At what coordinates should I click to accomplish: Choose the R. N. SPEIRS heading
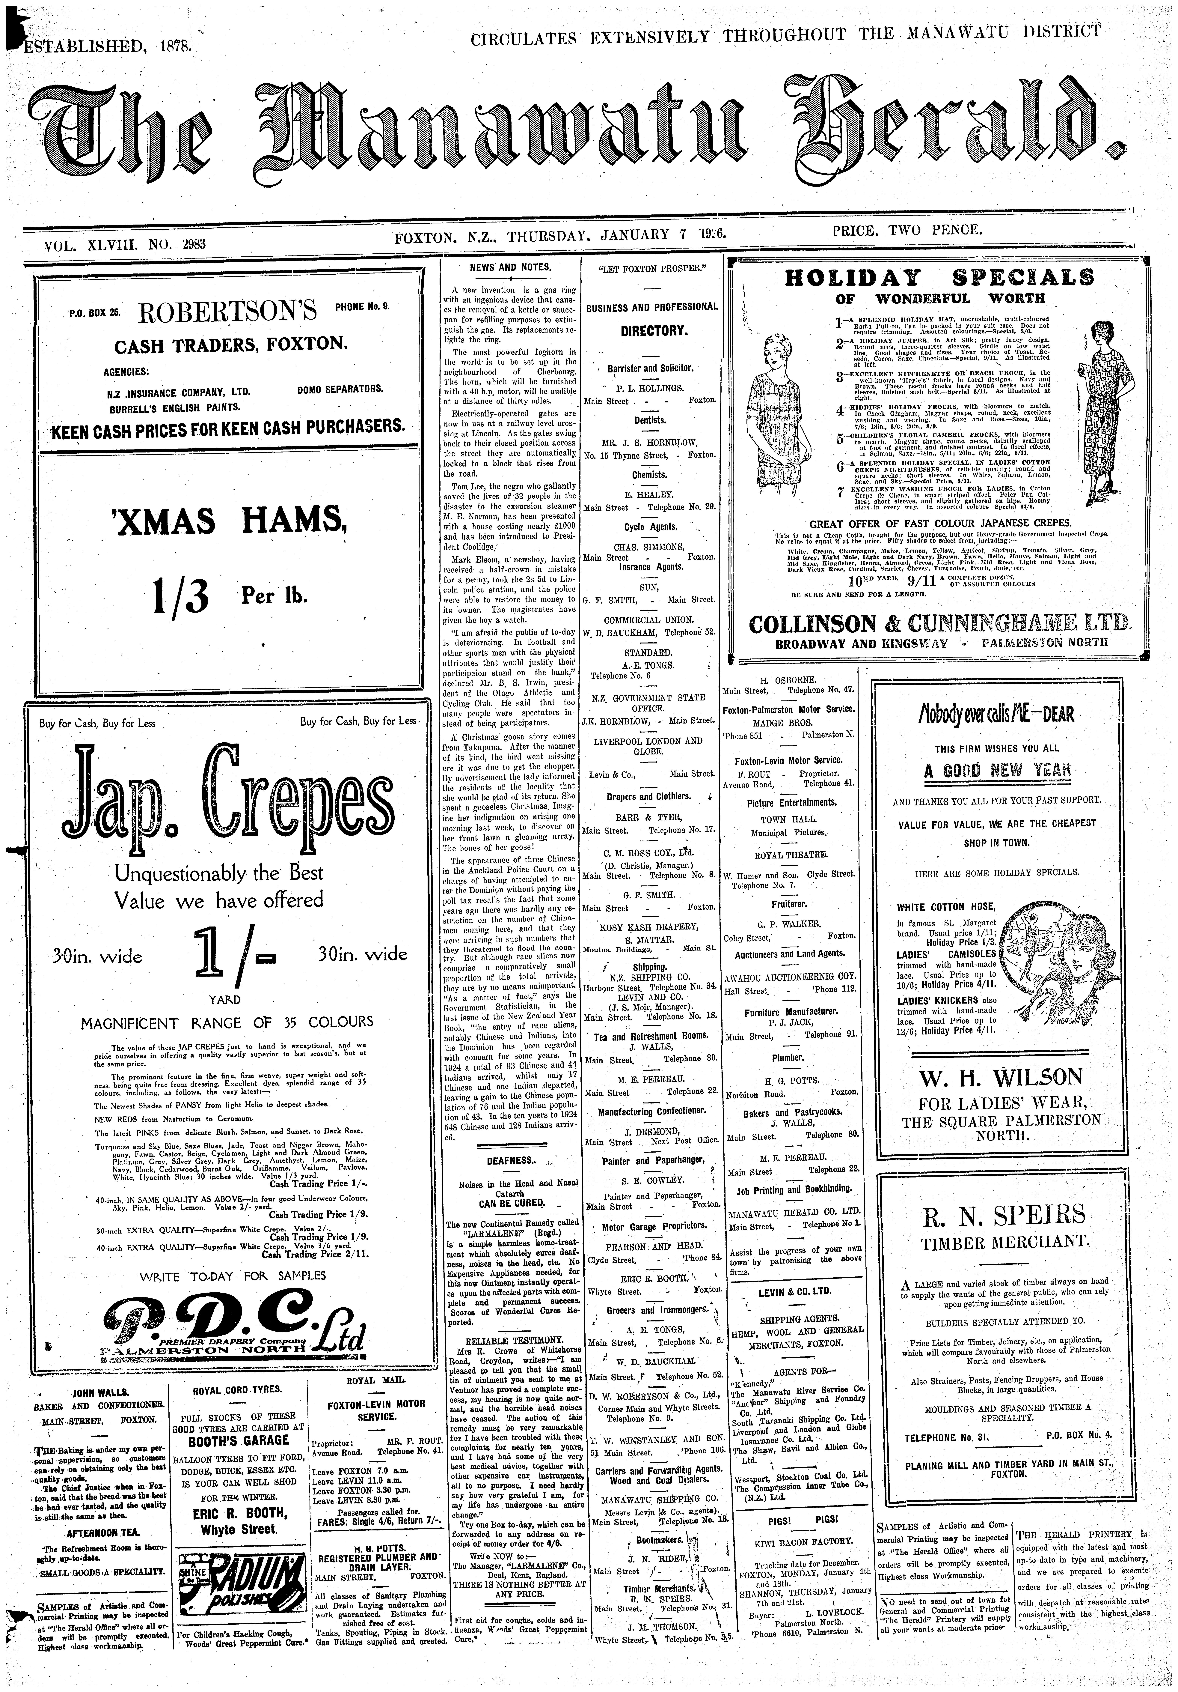click(x=1003, y=1214)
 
